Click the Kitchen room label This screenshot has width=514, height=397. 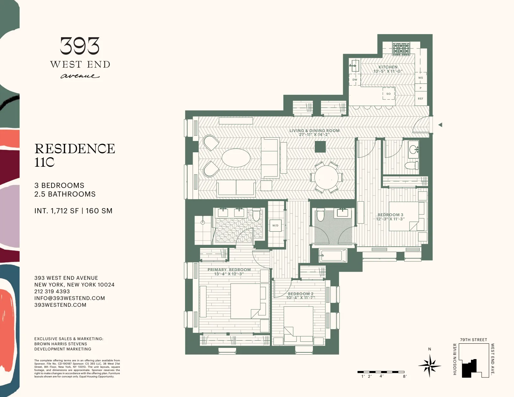[x=388, y=67]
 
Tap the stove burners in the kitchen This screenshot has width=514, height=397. [x=401, y=49]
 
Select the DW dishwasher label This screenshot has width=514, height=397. [x=355, y=80]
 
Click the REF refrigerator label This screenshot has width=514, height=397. [x=421, y=99]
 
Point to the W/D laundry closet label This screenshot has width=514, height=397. [x=275, y=225]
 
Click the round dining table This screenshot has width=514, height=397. [x=326, y=177]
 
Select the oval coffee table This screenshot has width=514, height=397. [x=236, y=158]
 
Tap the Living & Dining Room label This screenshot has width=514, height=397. [x=314, y=131]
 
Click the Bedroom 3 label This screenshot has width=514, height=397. [x=390, y=215]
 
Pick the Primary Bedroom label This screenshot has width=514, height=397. [x=229, y=270]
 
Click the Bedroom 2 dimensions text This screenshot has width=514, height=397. [x=301, y=298]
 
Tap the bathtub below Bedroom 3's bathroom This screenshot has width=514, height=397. [x=332, y=256]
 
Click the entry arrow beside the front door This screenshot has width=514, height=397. [x=440, y=125]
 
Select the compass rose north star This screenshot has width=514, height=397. [x=430, y=365]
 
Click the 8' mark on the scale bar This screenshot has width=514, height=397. [x=405, y=376]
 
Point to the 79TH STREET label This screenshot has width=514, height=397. [x=473, y=340]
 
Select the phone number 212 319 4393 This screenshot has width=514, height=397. [x=52, y=291]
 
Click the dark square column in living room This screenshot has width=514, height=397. [x=320, y=147]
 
